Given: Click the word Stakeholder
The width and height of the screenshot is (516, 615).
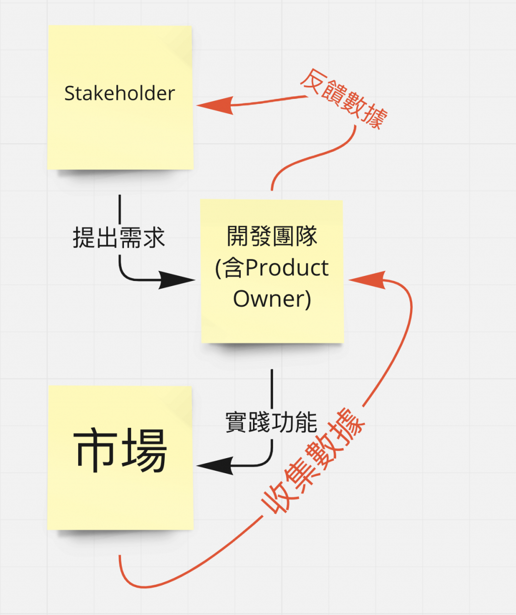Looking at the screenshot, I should pos(119,93).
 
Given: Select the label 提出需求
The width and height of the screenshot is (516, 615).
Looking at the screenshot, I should pos(119,237).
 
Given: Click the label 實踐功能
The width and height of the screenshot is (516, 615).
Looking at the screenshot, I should pos(271,422).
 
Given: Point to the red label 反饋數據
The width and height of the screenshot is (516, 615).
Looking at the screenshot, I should pos(344,99).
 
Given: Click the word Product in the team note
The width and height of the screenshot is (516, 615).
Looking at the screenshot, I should pos(287,268).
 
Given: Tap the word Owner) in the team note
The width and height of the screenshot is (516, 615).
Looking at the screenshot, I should pos(272,298).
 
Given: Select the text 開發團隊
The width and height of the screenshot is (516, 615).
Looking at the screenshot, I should pos(272,236).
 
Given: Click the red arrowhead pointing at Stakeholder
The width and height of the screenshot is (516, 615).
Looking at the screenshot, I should pos(214,105).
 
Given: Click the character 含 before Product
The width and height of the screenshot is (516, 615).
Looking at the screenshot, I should pos(234,268).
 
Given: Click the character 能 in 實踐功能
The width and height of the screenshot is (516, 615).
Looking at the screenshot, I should pos(306,422).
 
